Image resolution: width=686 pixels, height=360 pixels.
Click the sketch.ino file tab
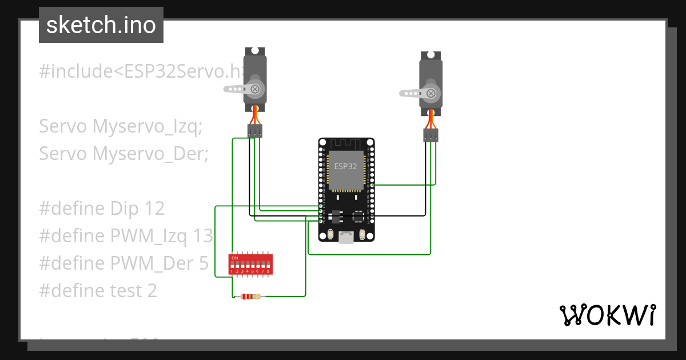[x=101, y=25]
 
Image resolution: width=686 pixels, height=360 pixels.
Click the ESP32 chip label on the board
[x=346, y=166]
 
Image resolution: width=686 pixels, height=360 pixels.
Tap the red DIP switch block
[x=250, y=265]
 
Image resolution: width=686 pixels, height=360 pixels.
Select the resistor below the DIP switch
[x=250, y=296]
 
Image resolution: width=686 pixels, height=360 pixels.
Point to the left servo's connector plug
[x=255, y=131]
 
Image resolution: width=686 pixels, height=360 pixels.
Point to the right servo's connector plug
[x=431, y=135]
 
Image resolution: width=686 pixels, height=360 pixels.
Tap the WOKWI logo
[x=607, y=315]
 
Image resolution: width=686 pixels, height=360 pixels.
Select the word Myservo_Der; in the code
[x=150, y=154]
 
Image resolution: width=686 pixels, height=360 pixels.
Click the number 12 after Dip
[x=154, y=209]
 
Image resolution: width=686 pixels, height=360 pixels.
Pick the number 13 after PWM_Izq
[x=202, y=236]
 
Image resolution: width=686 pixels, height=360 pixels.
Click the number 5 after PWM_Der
[x=202, y=263]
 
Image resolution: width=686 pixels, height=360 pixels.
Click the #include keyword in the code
[x=74, y=71]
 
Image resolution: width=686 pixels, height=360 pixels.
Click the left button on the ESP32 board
[x=331, y=234]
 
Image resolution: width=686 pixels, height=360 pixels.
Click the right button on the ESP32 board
[x=362, y=234]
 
